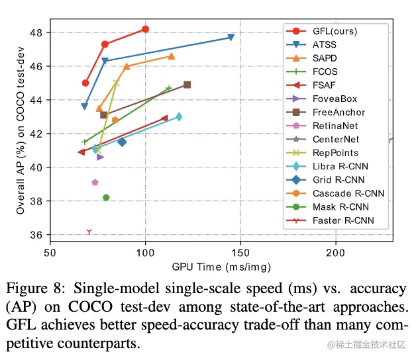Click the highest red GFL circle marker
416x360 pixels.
[145, 29]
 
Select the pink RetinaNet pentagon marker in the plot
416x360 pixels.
[95, 183]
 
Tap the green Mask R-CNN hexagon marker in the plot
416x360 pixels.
[106, 197]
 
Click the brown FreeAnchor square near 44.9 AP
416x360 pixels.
[187, 85]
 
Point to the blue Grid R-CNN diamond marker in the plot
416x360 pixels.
[122, 142]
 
